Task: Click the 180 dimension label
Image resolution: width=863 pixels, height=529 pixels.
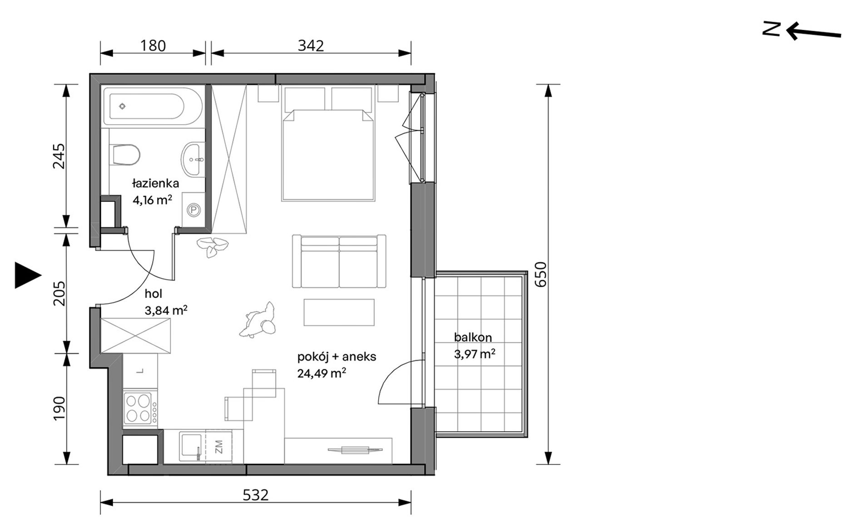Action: click(x=153, y=45)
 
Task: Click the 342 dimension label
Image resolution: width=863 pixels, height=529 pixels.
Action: click(x=311, y=45)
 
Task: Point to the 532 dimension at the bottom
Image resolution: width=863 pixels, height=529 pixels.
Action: click(x=255, y=495)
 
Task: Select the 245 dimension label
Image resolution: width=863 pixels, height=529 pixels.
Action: click(x=60, y=156)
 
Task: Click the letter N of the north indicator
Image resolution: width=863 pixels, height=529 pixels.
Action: click(x=771, y=29)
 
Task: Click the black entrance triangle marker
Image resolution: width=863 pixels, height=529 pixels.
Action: click(x=28, y=275)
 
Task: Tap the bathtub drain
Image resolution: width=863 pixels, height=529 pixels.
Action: click(x=122, y=106)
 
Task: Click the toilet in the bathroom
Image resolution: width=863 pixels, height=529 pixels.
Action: click(x=124, y=155)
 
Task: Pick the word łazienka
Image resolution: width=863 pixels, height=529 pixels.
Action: click(x=155, y=184)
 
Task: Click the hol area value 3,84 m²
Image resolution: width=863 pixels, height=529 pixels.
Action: click(x=166, y=311)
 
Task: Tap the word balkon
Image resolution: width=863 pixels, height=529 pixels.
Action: click(x=473, y=338)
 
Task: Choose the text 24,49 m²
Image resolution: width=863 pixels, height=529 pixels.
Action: click(x=322, y=373)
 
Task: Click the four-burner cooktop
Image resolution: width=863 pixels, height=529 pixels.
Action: click(x=139, y=408)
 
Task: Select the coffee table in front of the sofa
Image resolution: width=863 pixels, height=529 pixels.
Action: click(x=339, y=312)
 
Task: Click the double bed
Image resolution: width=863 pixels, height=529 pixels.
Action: click(x=328, y=155)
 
